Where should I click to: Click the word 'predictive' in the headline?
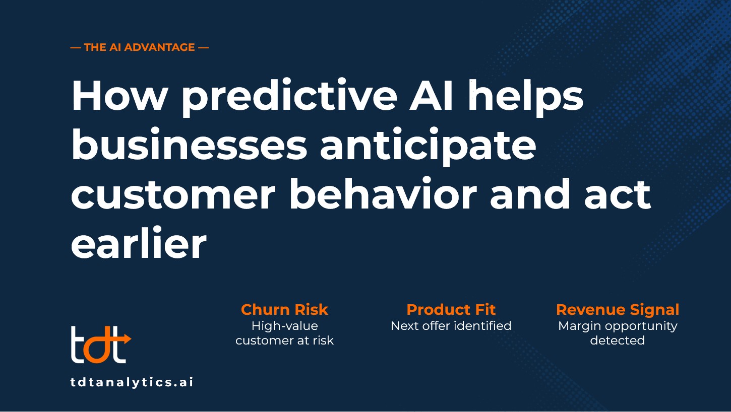[289, 97]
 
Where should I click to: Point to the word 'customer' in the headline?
[173, 194]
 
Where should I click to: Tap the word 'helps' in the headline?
[526, 97]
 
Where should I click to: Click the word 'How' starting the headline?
[119, 96]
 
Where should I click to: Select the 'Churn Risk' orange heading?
[284, 310]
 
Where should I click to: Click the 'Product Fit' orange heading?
[451, 310]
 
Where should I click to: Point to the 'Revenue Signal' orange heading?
[618, 310]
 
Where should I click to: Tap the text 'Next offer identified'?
[451, 326]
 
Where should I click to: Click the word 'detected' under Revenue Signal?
[618, 340]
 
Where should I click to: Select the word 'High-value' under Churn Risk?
[284, 326]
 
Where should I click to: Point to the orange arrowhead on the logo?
[127, 339]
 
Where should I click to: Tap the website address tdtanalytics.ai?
[132, 382]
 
